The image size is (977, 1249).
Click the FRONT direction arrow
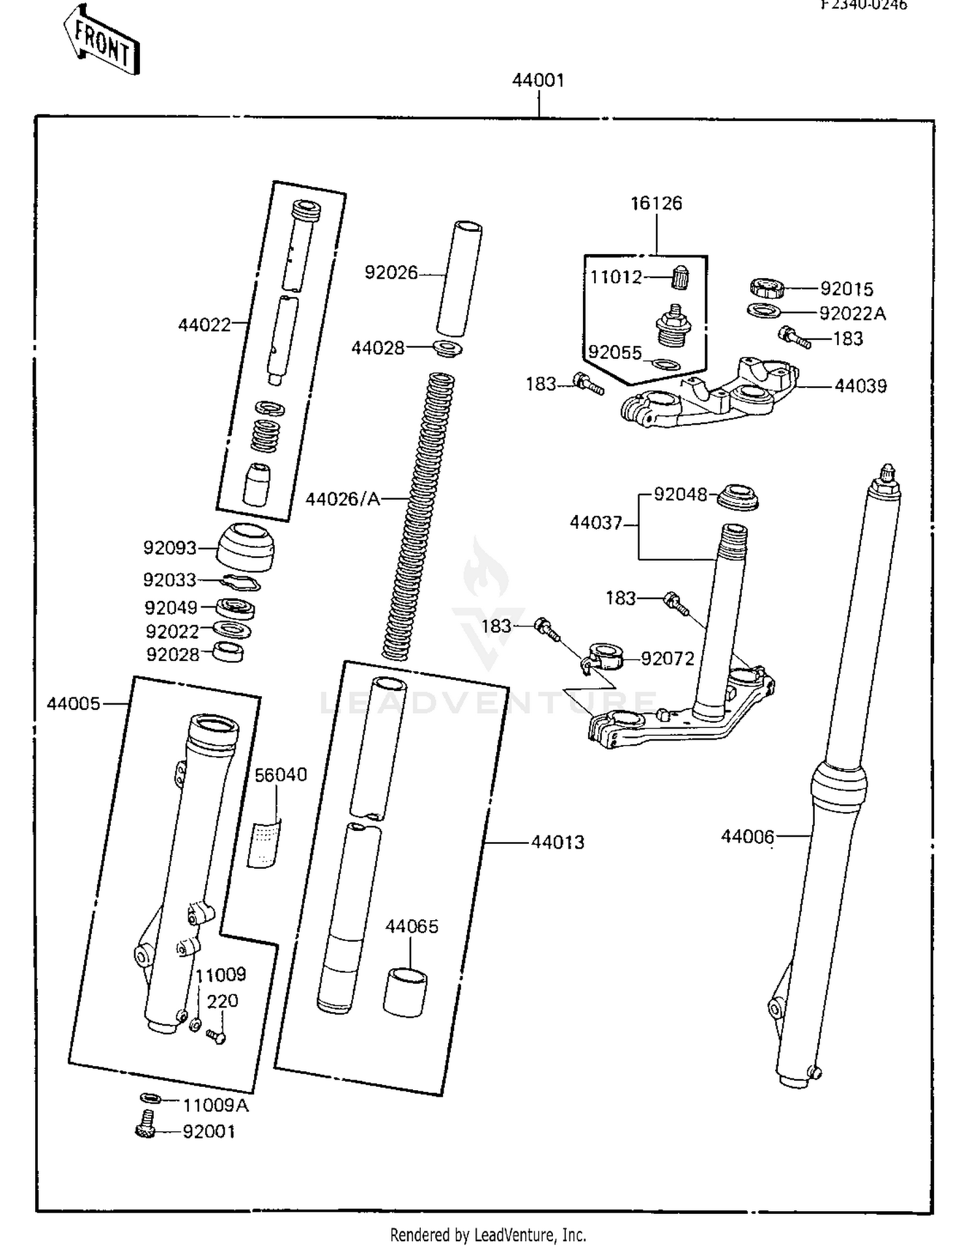tap(102, 41)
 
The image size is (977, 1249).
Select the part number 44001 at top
tap(538, 81)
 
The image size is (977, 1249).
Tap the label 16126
tap(656, 204)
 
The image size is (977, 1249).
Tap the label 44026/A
tap(343, 499)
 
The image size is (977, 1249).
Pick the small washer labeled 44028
tap(448, 348)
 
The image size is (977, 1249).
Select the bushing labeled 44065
tap(404, 992)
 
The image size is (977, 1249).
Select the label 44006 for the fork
tap(747, 837)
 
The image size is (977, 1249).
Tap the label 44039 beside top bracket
tap(860, 386)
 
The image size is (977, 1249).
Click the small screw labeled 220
tap(216, 1035)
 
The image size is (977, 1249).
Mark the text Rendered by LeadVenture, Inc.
tap(488, 1235)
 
